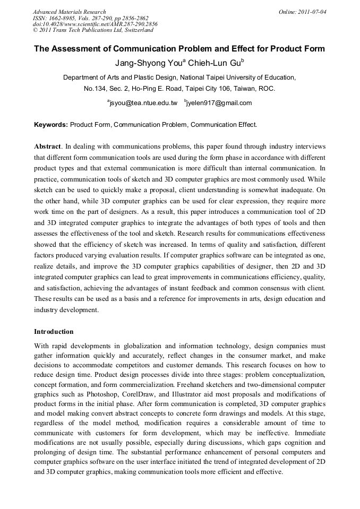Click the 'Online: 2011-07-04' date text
coord(303,12)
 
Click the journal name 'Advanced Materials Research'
coord(69,12)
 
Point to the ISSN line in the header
coord(90,18)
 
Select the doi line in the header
coord(95,24)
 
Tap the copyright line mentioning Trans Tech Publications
coord(93,30)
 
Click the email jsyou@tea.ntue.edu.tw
coord(143,103)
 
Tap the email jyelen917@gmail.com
coord(218,103)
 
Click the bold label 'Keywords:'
coord(51,125)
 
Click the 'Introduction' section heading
coord(54,332)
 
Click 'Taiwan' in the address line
coord(236,89)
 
